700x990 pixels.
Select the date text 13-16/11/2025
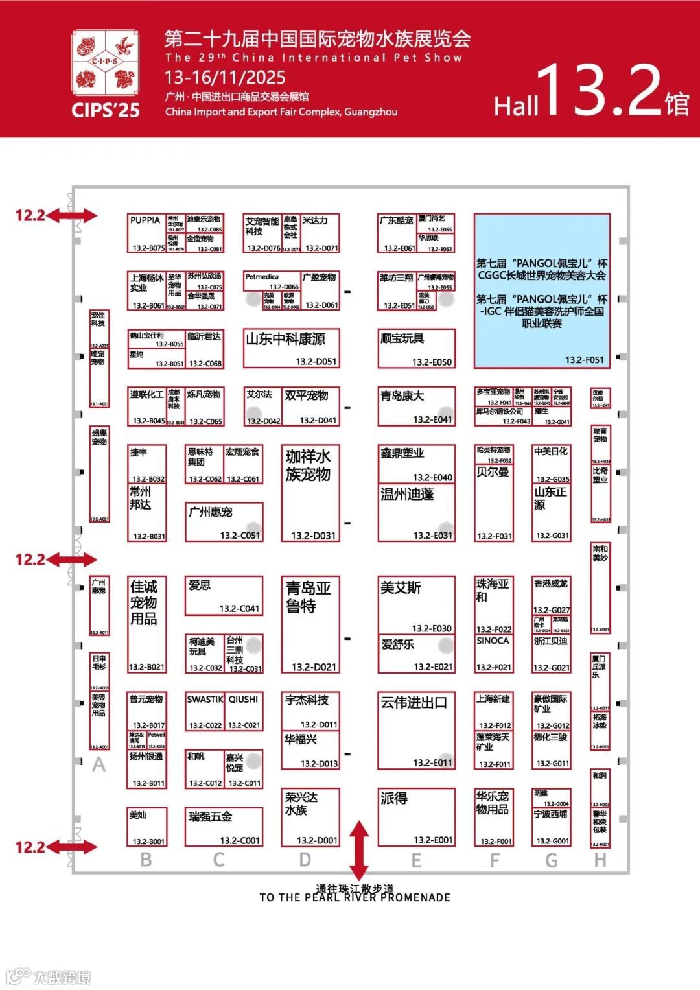[225, 78]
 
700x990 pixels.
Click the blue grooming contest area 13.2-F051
[542, 290]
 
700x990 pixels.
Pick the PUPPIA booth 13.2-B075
[147, 233]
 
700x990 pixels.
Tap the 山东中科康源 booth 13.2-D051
[291, 349]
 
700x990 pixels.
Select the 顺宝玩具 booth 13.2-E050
[417, 349]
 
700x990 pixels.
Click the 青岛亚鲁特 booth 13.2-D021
[310, 624]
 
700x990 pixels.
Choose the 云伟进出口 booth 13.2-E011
[416, 731]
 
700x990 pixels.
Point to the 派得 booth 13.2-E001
[416, 817]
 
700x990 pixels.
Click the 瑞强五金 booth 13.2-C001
[224, 826]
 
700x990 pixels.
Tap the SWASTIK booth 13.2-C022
[204, 712]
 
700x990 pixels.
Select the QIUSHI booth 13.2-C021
[244, 712]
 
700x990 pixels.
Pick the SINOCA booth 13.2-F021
[494, 654]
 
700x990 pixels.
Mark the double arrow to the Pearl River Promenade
[359, 850]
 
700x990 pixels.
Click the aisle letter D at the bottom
[305, 860]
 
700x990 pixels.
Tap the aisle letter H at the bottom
[600, 860]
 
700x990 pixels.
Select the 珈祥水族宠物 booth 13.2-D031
[310, 493]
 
